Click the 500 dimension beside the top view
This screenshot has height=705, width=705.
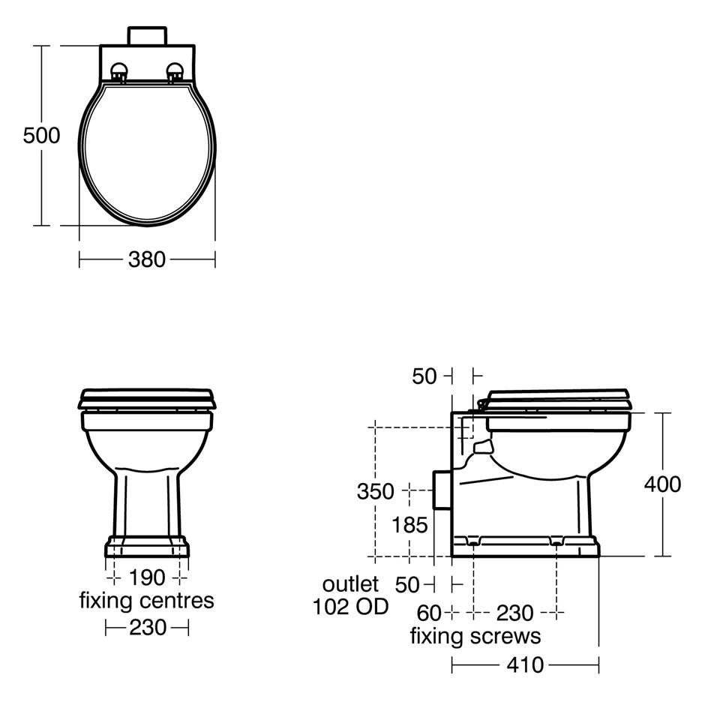click(x=41, y=136)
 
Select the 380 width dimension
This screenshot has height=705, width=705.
click(x=146, y=259)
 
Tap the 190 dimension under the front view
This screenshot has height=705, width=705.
click(x=147, y=578)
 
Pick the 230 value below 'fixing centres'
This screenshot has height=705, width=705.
click(x=148, y=627)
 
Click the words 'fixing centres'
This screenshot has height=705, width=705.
click(x=146, y=601)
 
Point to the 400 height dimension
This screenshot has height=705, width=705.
click(x=662, y=484)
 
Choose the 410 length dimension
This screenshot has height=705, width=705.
click(x=525, y=664)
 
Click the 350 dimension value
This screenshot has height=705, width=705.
click(x=375, y=491)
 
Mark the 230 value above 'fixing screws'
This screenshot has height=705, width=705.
click(x=514, y=613)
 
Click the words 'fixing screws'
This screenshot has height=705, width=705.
click(x=475, y=637)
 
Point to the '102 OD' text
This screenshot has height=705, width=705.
click(x=350, y=607)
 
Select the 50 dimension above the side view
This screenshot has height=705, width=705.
click(x=424, y=376)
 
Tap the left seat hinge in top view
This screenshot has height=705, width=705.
click(x=118, y=73)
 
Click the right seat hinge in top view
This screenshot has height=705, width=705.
click(x=175, y=73)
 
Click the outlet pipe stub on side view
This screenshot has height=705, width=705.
click(x=442, y=490)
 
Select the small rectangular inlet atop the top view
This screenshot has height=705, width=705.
click(x=147, y=35)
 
